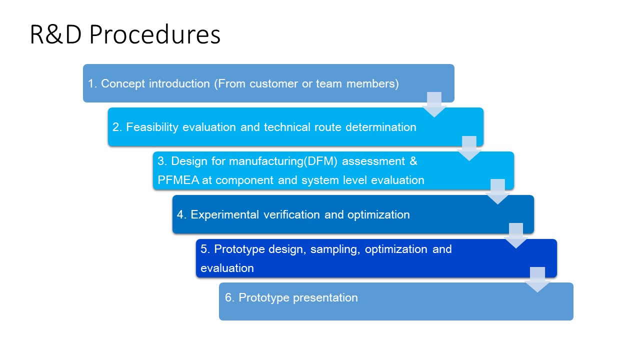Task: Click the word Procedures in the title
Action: pos(155,35)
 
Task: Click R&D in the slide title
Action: pos(55,35)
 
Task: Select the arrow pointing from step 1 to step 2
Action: pos(434,104)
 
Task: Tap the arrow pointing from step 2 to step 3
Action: pos(469,148)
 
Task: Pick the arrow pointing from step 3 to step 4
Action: pos(497,191)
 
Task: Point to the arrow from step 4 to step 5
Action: pos(516,235)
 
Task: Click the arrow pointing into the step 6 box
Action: pos(537,279)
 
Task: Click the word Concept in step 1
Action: pos(123,84)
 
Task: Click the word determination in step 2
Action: pos(381,127)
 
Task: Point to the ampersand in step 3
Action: pos(413,161)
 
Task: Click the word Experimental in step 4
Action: pos(224,215)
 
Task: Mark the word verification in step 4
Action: pos(291,215)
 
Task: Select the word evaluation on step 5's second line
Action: pos(227,268)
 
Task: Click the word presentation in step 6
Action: pos(325,298)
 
